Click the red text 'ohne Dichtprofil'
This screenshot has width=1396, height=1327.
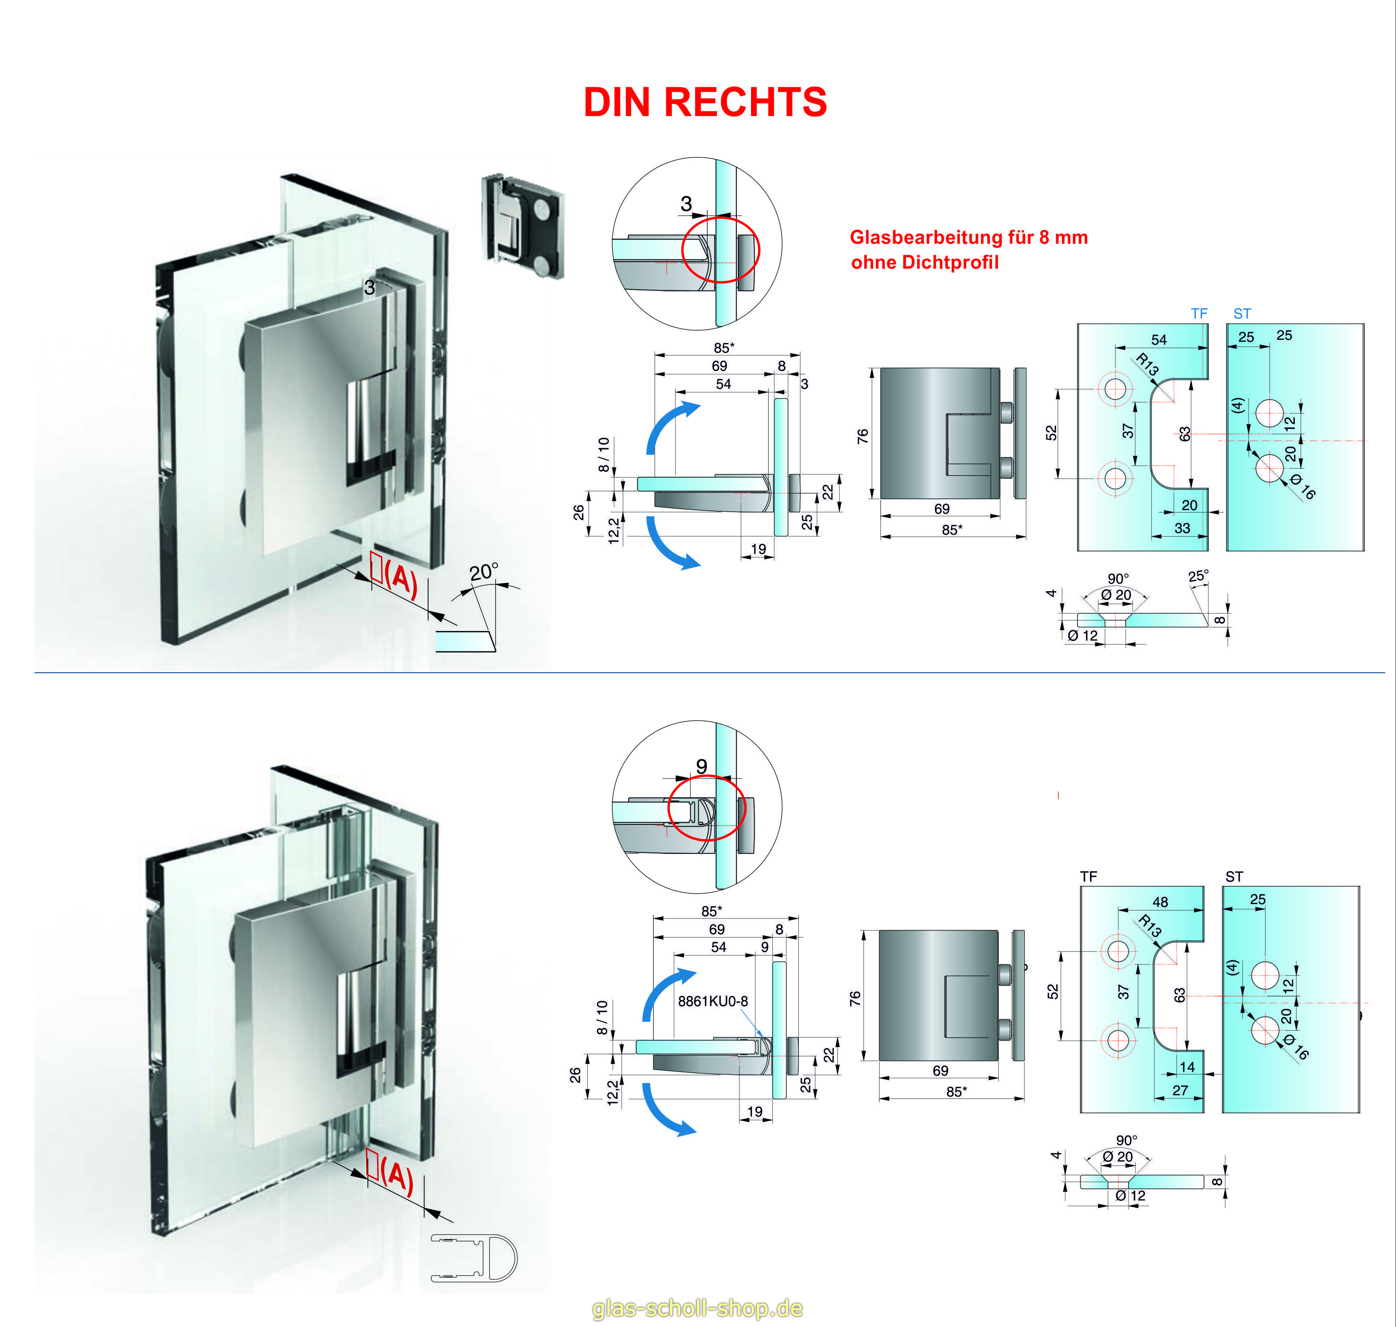(924, 262)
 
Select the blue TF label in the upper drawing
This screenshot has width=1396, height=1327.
(1199, 313)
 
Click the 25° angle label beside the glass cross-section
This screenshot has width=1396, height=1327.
(1198, 576)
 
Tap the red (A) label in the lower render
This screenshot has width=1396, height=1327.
(396, 1177)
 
